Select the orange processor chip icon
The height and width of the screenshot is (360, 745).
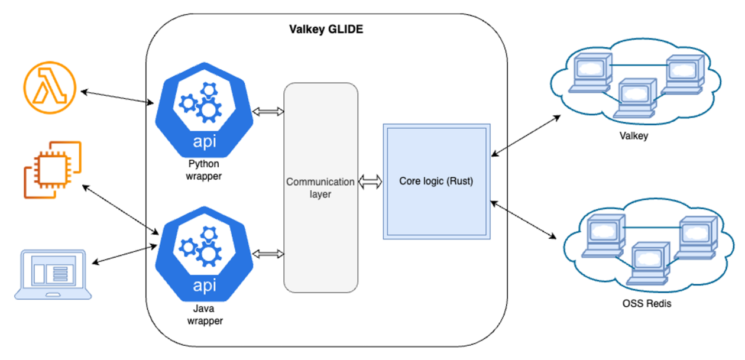52,169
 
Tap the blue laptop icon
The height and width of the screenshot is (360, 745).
53,274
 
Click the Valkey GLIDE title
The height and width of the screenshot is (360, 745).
326,29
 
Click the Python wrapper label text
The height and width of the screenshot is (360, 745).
203,170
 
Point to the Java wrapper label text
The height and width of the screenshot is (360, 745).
203,315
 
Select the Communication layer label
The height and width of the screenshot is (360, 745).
320,188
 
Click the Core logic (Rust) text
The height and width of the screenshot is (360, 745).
436,181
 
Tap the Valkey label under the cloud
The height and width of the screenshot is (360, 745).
634,136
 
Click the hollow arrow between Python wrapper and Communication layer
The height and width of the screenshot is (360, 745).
268,112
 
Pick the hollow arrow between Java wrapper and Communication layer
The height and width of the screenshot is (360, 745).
268,254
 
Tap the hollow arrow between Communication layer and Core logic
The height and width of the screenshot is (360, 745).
370,182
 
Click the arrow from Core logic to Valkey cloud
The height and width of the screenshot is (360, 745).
526,135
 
